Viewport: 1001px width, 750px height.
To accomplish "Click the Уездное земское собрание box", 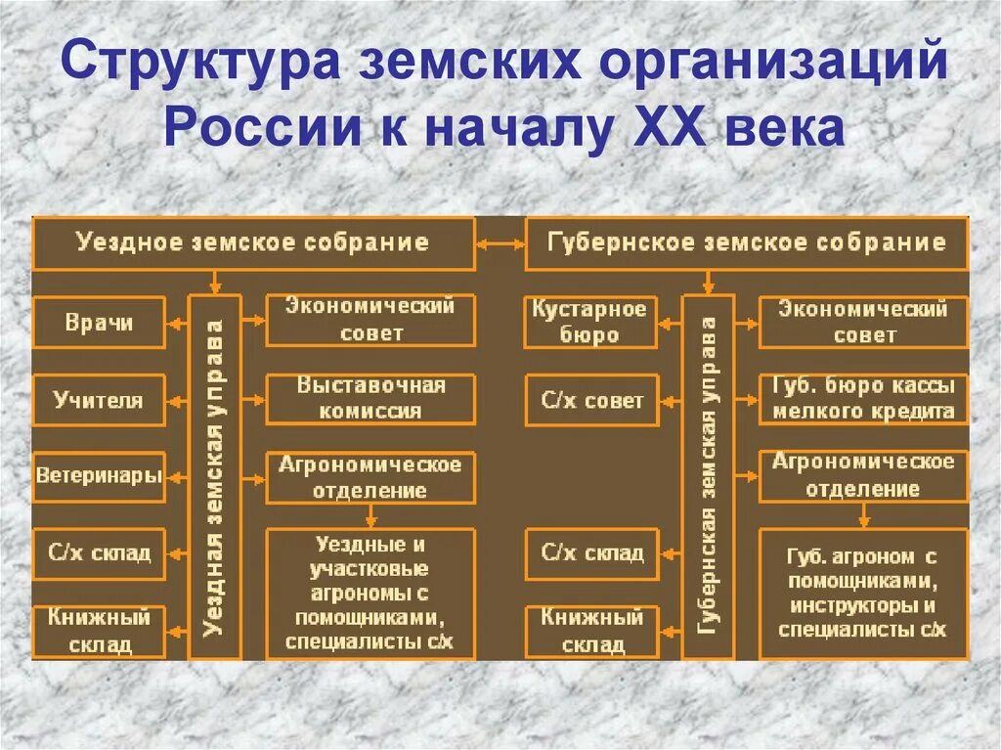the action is pos(253,243).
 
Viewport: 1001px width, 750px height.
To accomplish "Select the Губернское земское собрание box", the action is pos(748,243).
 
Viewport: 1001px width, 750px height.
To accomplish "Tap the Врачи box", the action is pos(99,323).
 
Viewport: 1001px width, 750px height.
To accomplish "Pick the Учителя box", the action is pos(99,400).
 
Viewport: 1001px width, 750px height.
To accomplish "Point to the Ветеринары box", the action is pos(99,477).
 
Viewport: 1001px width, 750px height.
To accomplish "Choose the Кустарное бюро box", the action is pos(590,323).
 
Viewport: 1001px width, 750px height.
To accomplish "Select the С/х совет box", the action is pos(590,400).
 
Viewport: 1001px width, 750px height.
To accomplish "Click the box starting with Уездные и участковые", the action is pos(370,594).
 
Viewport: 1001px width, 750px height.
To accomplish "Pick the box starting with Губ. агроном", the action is pos(863,594).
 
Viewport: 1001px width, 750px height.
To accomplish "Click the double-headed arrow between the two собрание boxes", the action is pos(500,243).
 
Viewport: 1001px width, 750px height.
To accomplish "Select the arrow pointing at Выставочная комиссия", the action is pos(253,399).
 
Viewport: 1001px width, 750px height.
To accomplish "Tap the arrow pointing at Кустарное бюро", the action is pos(670,323).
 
